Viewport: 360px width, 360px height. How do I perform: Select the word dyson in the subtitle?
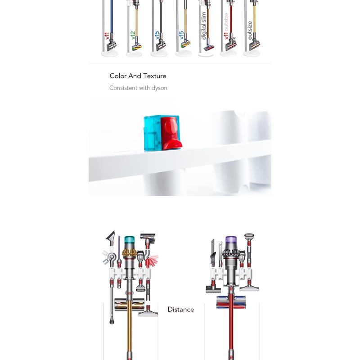tap(159, 88)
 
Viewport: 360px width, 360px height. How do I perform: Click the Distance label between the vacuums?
tap(181, 310)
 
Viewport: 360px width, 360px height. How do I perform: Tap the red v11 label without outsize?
tap(106, 36)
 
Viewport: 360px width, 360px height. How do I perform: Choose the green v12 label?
tap(132, 35)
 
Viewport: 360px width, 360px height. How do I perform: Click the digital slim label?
tap(203, 26)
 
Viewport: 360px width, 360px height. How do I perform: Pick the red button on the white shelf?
tap(171, 133)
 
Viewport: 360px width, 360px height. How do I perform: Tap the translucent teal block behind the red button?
tap(152, 133)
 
